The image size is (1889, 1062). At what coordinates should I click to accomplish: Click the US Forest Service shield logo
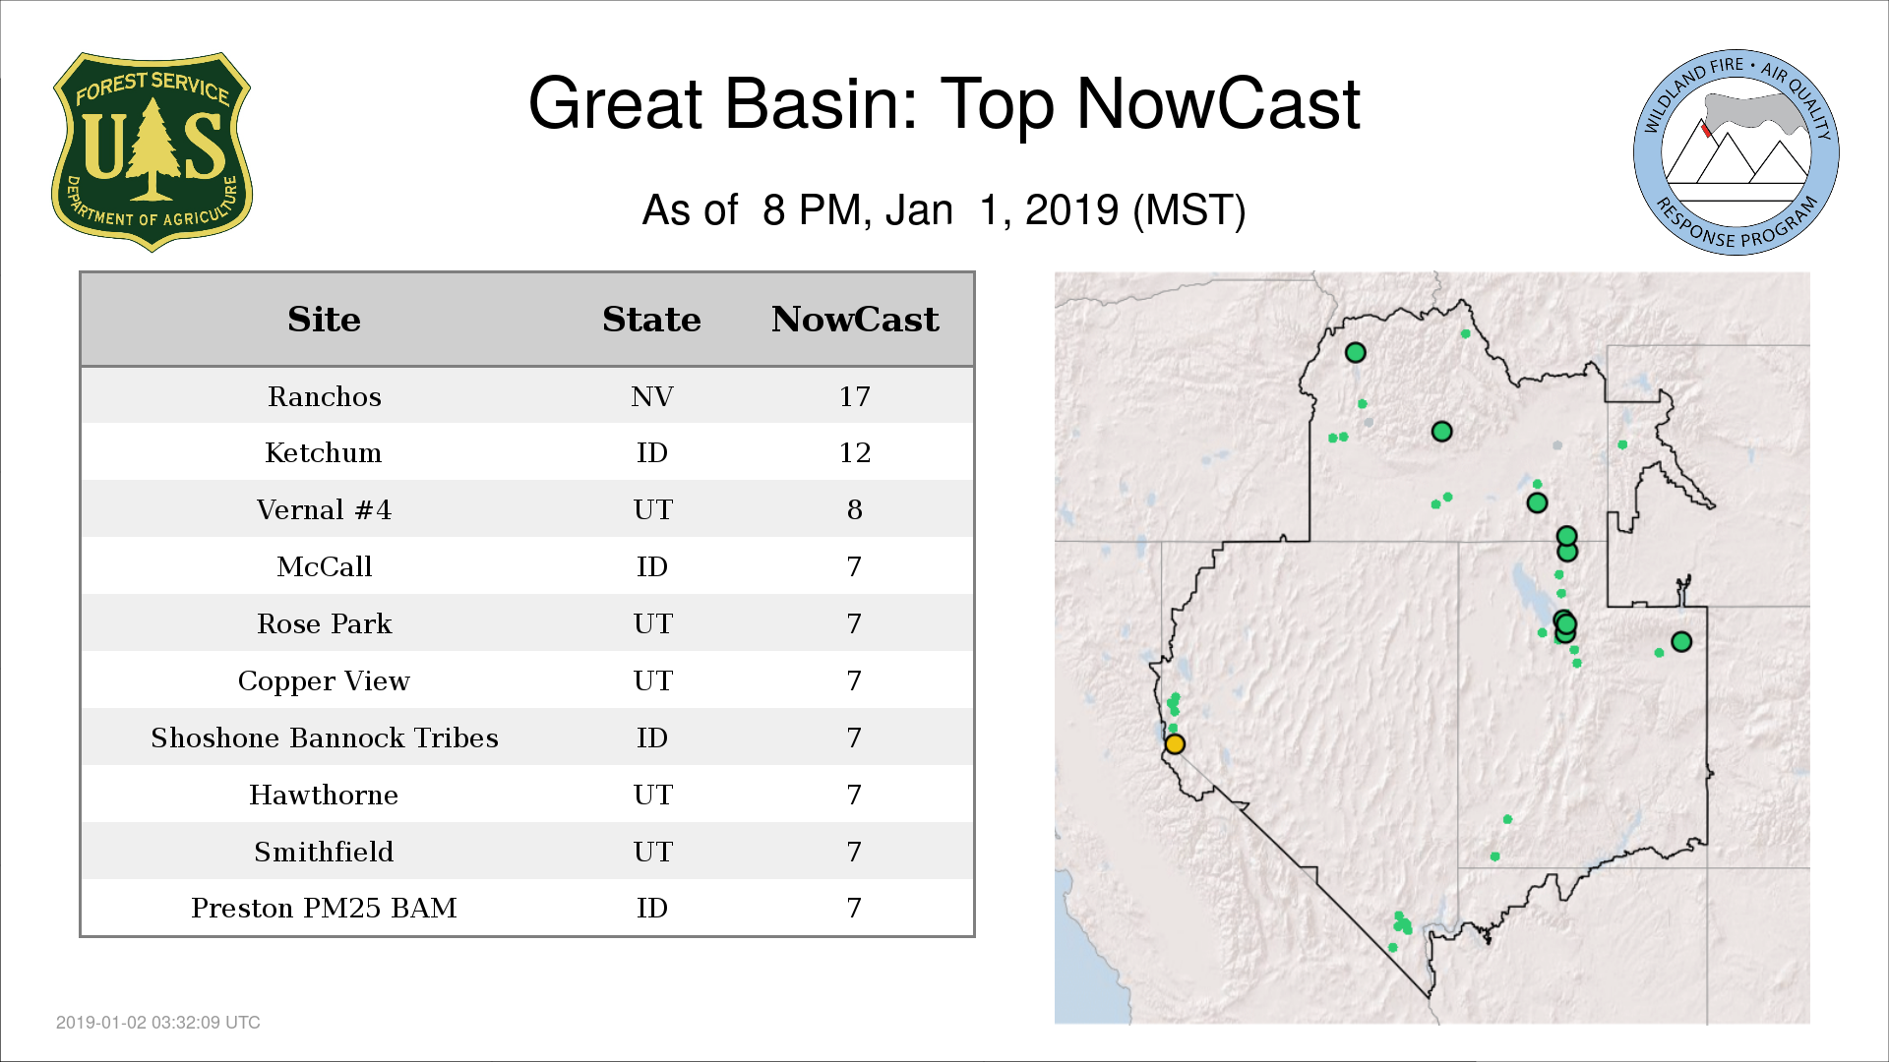coord(152,152)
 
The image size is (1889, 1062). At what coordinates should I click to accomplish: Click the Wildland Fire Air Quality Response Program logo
coord(1737,152)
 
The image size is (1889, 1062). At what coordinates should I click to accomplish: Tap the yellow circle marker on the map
coord(1175,743)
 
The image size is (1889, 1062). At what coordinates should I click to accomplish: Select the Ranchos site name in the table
coord(325,396)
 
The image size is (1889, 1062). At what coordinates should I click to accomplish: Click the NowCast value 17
coord(854,396)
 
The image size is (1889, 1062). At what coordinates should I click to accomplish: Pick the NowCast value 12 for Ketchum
coord(854,452)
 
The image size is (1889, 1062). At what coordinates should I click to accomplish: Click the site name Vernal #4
coord(324,509)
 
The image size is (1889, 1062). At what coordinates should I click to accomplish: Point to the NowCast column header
coord(855,320)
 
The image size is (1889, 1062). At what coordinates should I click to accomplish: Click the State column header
coord(651,320)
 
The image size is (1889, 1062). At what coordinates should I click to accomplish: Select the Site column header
coord(324,320)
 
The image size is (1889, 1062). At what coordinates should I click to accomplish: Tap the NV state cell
coord(652,396)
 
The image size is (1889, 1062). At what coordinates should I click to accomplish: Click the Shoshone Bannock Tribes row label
coord(325,737)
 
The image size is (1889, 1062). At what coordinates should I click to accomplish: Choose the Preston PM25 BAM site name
coord(324,908)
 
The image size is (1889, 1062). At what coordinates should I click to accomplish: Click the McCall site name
coord(325,566)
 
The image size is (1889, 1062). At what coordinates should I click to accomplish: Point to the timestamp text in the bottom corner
coord(158,1023)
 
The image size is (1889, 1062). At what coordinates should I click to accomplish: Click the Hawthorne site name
coord(324,795)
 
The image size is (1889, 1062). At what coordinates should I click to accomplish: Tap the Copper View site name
coord(324,680)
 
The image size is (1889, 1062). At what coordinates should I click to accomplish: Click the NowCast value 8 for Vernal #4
coord(854,509)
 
